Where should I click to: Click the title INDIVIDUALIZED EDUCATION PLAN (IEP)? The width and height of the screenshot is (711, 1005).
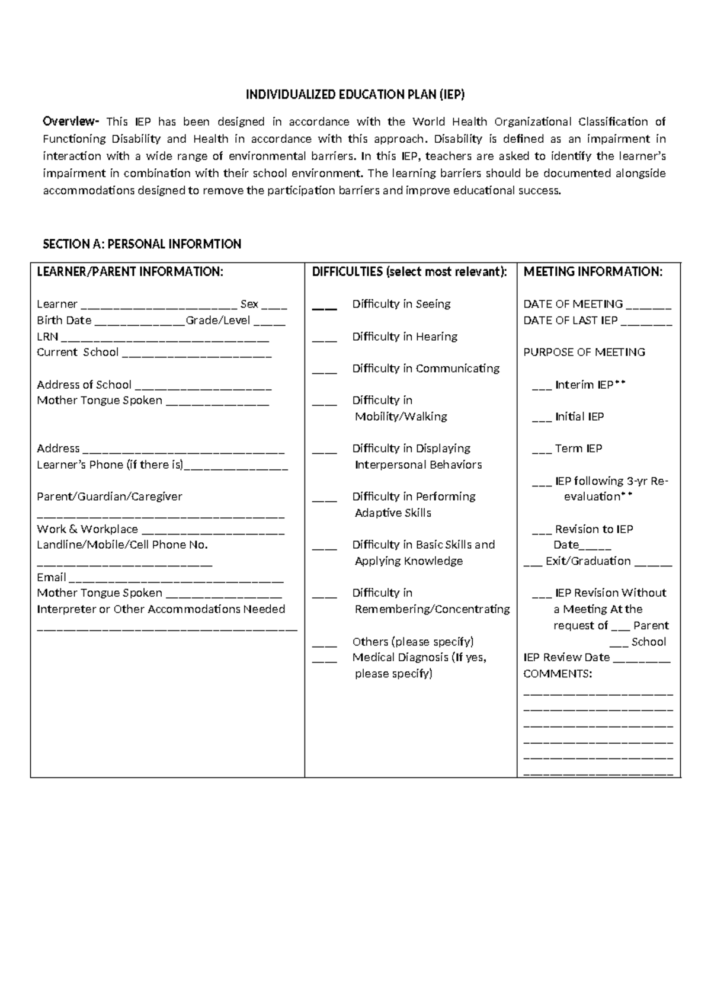click(x=355, y=94)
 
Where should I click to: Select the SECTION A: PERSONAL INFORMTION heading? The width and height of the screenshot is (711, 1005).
click(x=142, y=244)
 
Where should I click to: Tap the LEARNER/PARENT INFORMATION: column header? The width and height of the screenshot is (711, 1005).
click(x=130, y=272)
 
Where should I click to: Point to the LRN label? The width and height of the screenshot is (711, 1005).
click(x=47, y=337)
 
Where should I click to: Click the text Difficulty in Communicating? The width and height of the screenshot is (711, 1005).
click(x=425, y=369)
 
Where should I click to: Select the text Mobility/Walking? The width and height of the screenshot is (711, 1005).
click(x=401, y=417)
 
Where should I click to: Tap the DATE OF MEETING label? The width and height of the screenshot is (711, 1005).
click(x=572, y=304)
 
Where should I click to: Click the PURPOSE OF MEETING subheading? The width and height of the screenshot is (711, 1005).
click(x=584, y=352)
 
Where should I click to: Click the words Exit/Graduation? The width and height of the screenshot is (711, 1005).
click(x=588, y=561)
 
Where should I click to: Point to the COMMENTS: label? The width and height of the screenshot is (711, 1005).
click(x=557, y=674)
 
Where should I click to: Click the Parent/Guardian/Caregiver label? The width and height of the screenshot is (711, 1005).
click(x=109, y=497)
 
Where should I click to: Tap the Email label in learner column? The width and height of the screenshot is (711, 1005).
click(x=51, y=577)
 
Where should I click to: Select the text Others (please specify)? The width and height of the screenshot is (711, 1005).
click(x=412, y=642)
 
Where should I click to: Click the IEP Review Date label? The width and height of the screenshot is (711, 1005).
click(x=566, y=657)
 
